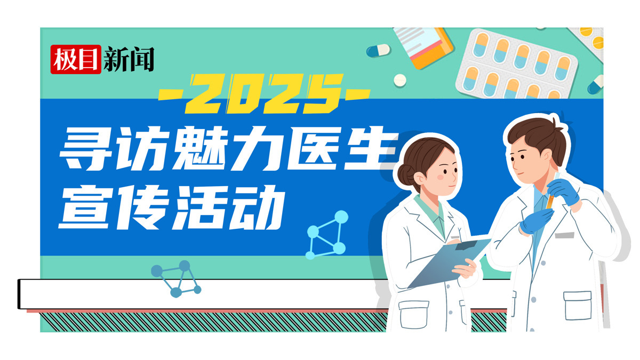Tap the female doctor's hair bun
406,173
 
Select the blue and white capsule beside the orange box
378,51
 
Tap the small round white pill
400,81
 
